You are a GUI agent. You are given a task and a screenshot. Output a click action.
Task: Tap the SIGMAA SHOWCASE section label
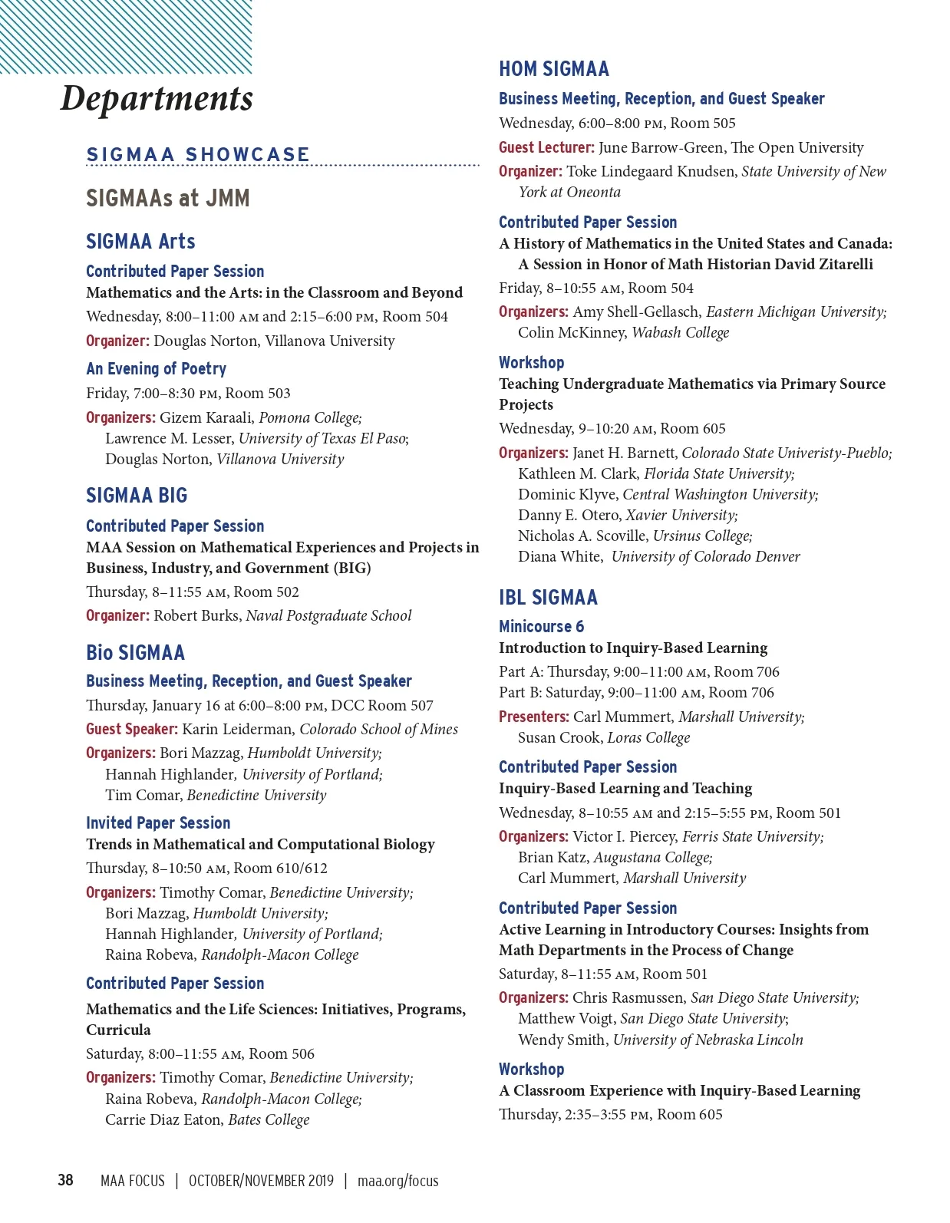click(198, 154)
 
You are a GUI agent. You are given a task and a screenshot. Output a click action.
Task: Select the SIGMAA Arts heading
click(140, 242)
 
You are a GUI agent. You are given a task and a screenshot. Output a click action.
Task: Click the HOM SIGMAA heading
click(553, 69)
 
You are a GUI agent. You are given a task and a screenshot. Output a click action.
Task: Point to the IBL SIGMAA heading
click(548, 598)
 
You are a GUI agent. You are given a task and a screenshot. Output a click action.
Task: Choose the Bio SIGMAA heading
click(135, 653)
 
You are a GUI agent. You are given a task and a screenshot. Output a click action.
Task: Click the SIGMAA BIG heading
click(137, 496)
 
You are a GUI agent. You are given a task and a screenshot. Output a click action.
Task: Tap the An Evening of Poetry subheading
click(156, 369)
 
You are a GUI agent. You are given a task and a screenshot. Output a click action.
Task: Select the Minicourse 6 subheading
click(541, 627)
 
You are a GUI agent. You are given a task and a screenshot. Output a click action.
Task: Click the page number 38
click(66, 1180)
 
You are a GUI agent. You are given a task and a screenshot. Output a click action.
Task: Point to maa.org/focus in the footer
click(397, 1181)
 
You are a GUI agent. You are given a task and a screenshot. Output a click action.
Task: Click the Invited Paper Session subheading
click(158, 823)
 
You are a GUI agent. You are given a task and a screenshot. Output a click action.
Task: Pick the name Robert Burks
click(196, 616)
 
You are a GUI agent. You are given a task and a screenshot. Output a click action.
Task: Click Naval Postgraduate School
click(328, 616)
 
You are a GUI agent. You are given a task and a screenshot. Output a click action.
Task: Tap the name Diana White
click(559, 557)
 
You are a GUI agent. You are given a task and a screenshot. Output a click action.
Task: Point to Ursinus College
click(702, 536)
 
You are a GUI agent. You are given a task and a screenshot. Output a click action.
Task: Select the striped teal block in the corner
click(125, 36)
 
